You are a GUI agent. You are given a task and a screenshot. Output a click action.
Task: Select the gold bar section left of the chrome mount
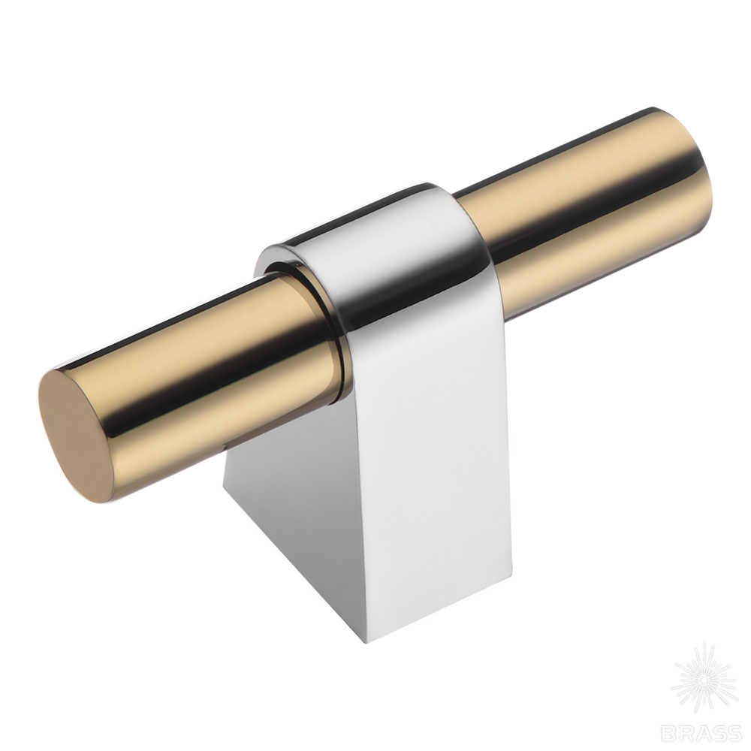pos(192,383)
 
